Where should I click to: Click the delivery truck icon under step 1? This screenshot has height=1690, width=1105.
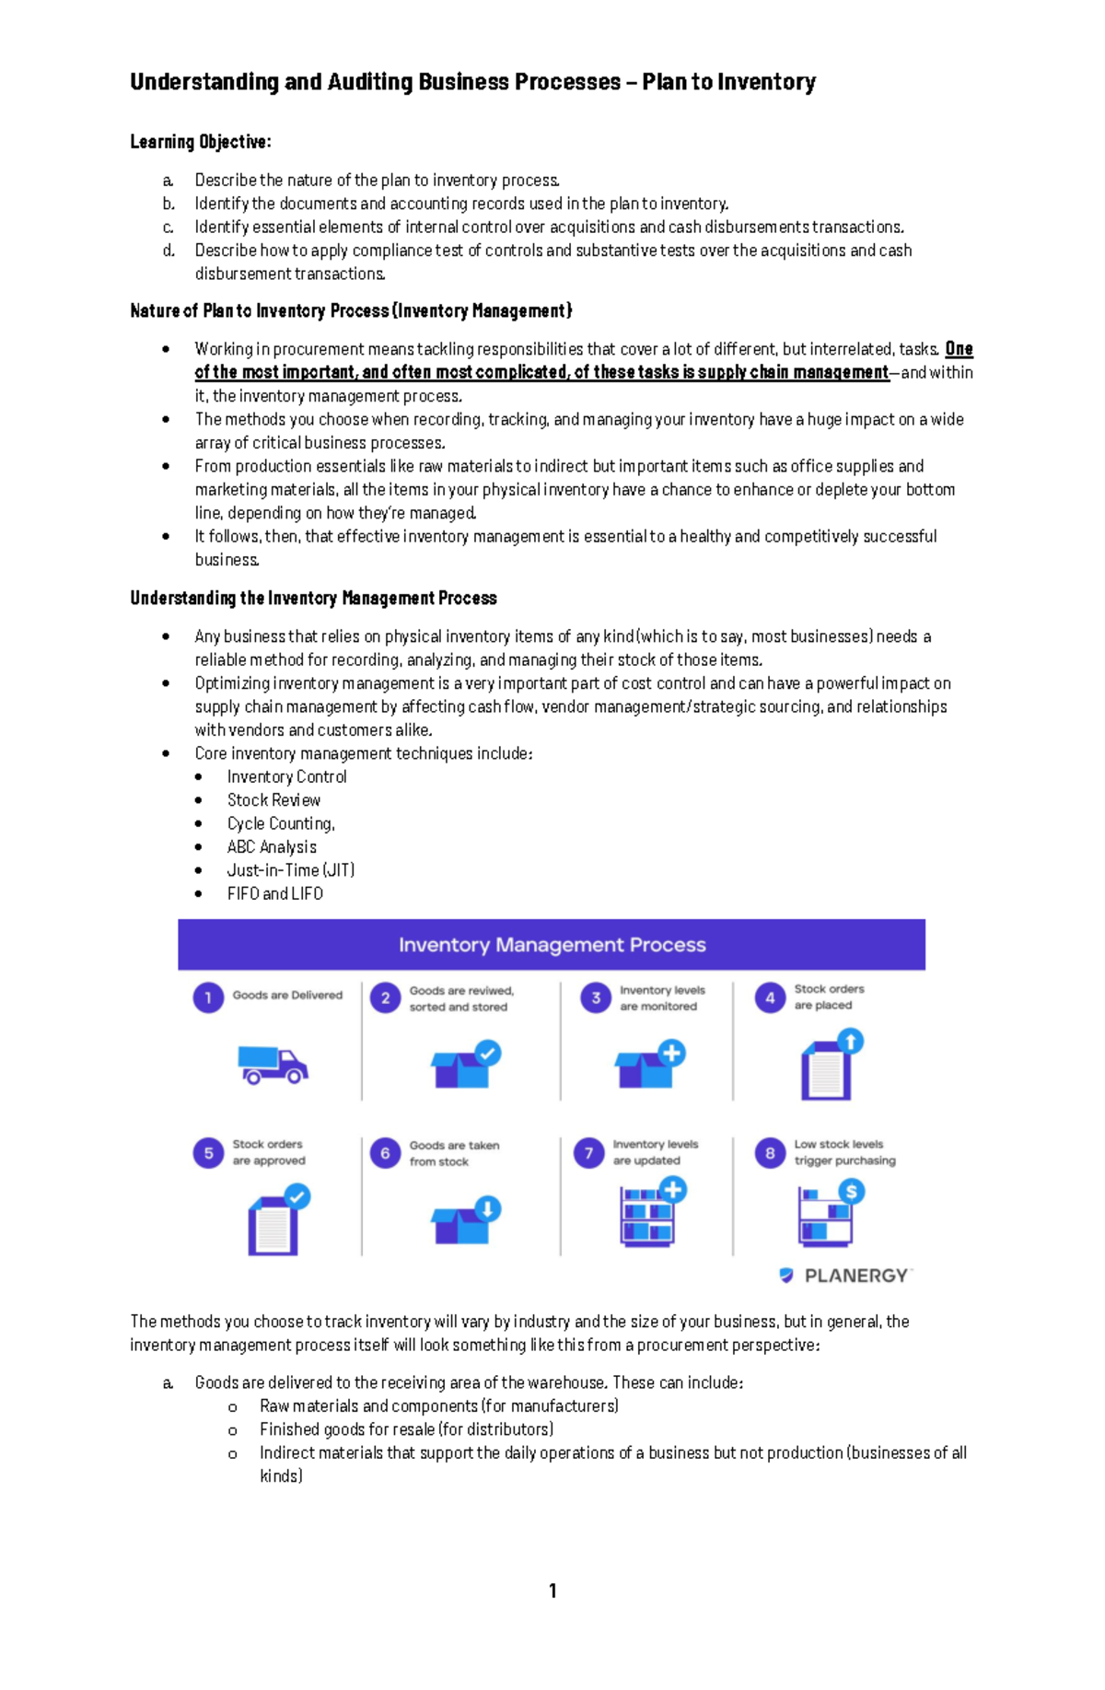tap(273, 1065)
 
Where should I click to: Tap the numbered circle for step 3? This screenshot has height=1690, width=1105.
tap(596, 997)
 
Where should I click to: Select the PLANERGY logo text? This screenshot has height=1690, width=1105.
tap(856, 1276)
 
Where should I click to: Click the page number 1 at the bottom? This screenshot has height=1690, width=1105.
tap(552, 1591)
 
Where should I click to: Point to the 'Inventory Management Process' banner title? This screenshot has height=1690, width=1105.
tap(552, 945)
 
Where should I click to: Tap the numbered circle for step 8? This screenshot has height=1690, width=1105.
tap(770, 1153)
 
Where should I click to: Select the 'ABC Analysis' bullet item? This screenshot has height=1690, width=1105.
tap(272, 847)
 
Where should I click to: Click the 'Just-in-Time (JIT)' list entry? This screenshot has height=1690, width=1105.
tap(291, 870)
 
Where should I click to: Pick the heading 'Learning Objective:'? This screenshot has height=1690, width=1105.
tap(201, 142)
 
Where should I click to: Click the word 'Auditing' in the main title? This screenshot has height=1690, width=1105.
tap(369, 82)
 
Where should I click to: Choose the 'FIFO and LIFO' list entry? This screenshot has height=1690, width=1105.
tap(275, 893)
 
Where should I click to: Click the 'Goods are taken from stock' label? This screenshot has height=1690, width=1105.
tap(454, 1153)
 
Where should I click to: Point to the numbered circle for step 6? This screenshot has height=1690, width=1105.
tap(385, 1153)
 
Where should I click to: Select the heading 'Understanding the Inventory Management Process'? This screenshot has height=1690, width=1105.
tap(313, 599)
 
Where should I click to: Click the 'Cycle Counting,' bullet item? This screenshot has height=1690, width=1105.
tap(281, 823)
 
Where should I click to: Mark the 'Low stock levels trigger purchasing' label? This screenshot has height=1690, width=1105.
tap(844, 1152)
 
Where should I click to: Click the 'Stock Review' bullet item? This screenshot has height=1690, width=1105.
tap(273, 800)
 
